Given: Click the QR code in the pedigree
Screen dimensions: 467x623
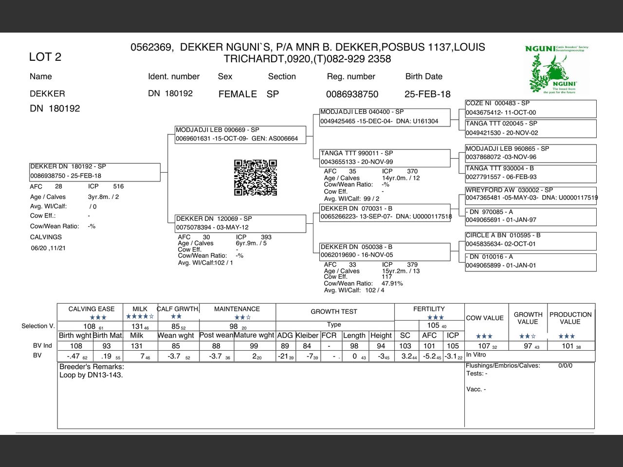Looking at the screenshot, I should (256, 178).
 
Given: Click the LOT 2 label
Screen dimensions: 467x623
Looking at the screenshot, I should (45, 57).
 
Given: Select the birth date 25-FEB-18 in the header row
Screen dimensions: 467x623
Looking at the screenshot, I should (427, 94).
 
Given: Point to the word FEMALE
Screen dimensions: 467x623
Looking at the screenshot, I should (238, 94).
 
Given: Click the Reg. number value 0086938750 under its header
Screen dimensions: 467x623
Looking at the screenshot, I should (352, 94).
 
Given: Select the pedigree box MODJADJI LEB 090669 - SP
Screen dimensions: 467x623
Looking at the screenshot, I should (240, 135).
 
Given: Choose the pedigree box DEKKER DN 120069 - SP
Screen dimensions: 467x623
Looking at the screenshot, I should (240, 223).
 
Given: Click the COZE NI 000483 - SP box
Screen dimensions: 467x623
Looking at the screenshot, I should (531, 108).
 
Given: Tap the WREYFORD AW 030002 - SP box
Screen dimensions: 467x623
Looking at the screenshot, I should (531, 194).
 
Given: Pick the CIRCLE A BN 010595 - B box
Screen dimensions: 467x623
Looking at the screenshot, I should (531, 240).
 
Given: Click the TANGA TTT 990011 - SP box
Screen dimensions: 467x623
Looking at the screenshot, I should (385, 158).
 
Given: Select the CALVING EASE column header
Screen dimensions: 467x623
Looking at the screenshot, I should (92, 309).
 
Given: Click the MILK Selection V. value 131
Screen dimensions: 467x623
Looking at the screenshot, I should (138, 326).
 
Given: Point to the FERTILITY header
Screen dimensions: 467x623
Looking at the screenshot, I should (429, 309).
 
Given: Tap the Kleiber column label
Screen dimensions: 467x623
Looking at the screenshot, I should (307, 336).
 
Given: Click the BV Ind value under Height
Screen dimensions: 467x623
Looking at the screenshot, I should (381, 346).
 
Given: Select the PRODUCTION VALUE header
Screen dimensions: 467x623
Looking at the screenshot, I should (570, 318).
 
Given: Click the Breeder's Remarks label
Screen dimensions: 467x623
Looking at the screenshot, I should (92, 367).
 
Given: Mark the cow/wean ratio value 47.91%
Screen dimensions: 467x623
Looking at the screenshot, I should (392, 284).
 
